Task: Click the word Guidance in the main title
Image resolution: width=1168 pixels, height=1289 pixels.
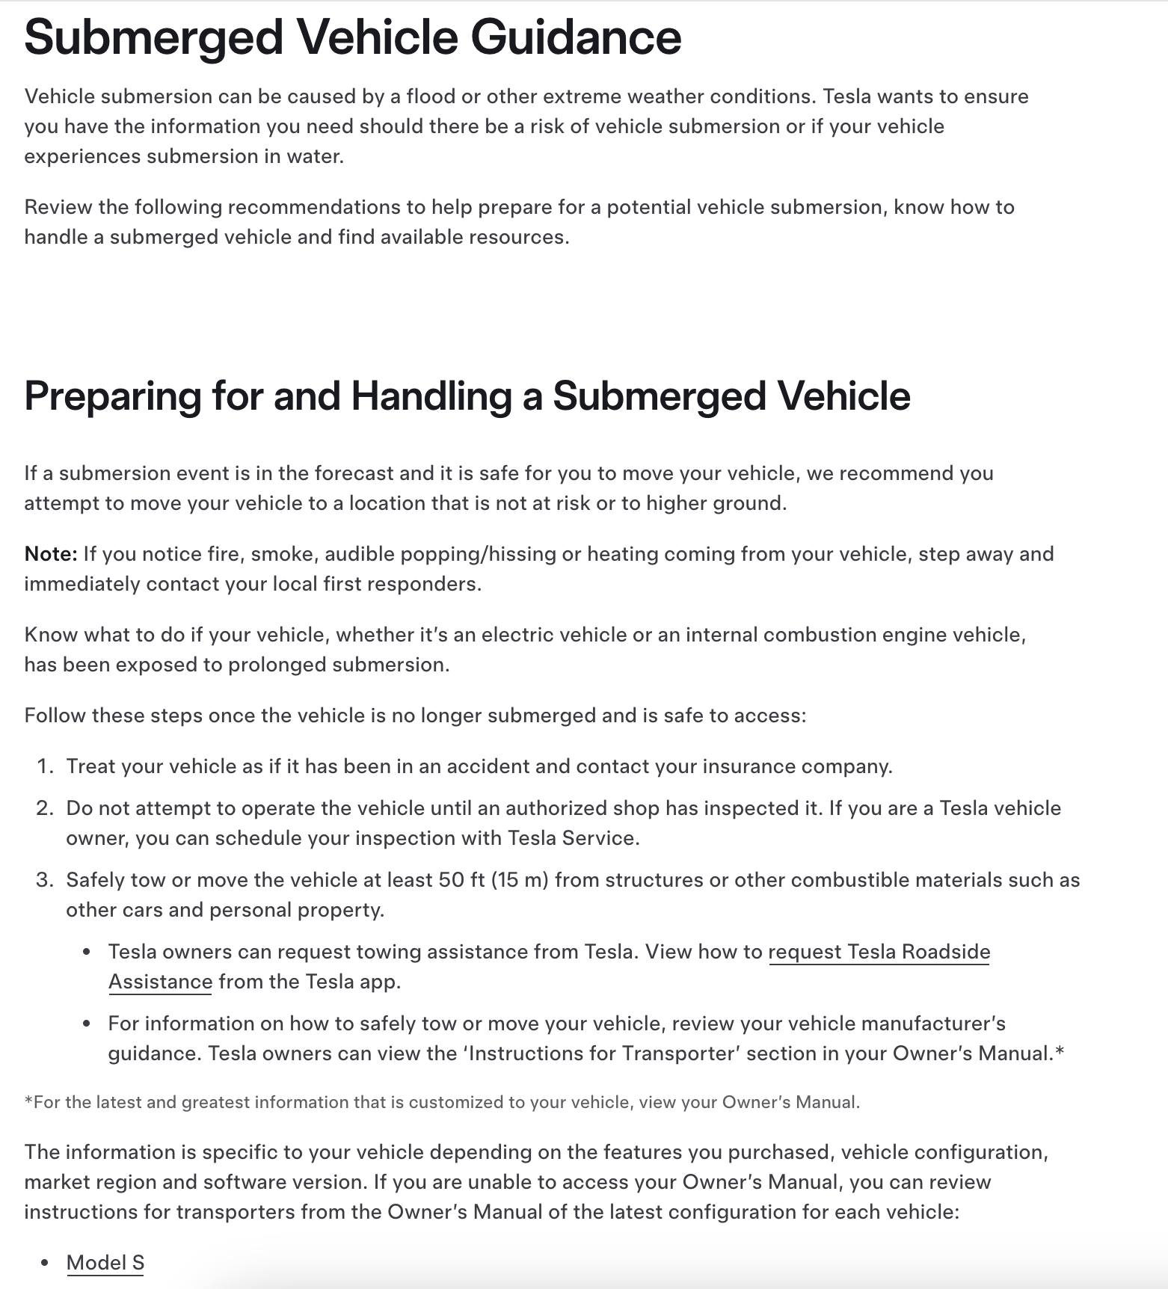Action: [576, 37]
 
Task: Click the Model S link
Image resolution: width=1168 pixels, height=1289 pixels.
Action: [105, 1262]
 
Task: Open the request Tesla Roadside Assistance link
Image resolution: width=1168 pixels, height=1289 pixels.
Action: [879, 952]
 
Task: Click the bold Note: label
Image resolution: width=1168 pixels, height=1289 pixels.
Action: [51, 554]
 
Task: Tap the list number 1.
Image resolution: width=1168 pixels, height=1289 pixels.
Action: [45, 766]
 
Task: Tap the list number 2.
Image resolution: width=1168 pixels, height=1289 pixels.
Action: [45, 808]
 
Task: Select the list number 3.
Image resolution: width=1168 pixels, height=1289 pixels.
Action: [45, 880]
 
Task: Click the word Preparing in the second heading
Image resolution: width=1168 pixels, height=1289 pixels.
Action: [112, 396]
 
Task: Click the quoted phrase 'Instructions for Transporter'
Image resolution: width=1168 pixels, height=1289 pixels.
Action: [601, 1053]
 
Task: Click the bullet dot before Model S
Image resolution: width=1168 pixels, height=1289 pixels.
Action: [46, 1263]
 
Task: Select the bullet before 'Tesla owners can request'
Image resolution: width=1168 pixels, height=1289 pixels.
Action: [87, 953]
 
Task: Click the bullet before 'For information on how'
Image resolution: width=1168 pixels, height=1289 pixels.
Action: [87, 1024]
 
